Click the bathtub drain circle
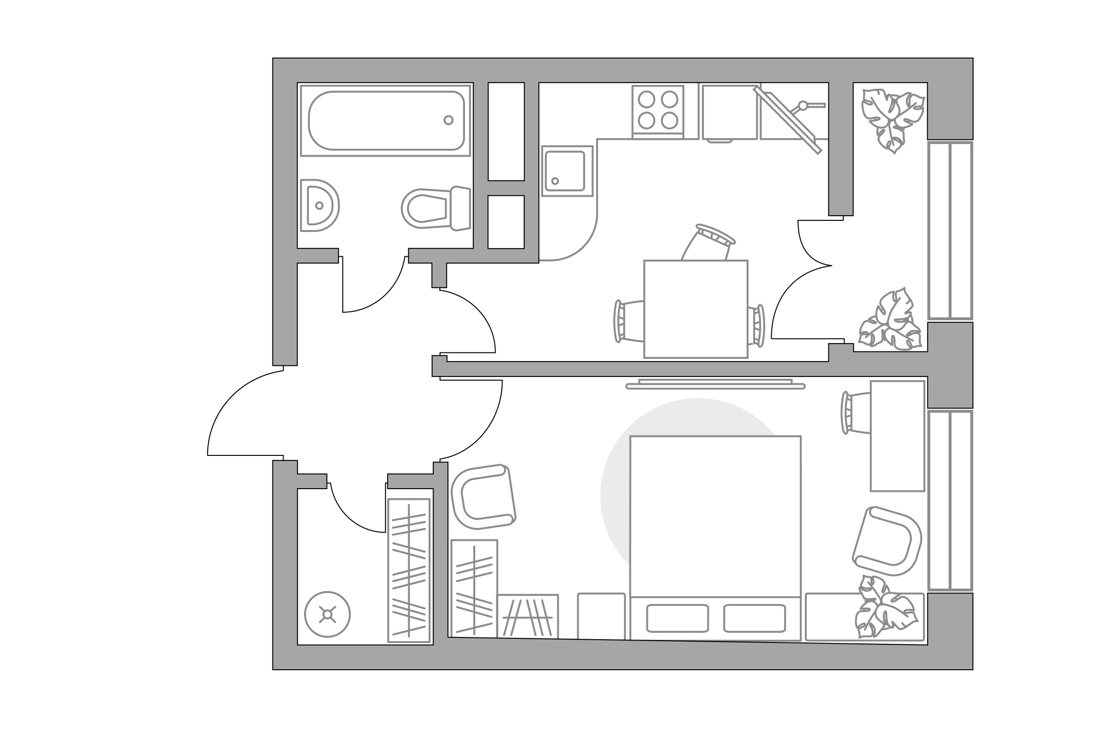pos(448,120)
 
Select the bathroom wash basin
pos(320,206)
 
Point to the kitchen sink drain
pos(555,181)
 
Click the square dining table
pos(695,309)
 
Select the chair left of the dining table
pos(628,321)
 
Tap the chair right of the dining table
pos(756,326)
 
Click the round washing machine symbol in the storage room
pos(327,614)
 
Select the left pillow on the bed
pos(677,618)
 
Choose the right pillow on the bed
pos(754,618)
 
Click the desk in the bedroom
pos(897,436)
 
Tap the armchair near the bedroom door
pos(483,497)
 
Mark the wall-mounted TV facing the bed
pos(715,385)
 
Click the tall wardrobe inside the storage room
pos(409,570)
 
